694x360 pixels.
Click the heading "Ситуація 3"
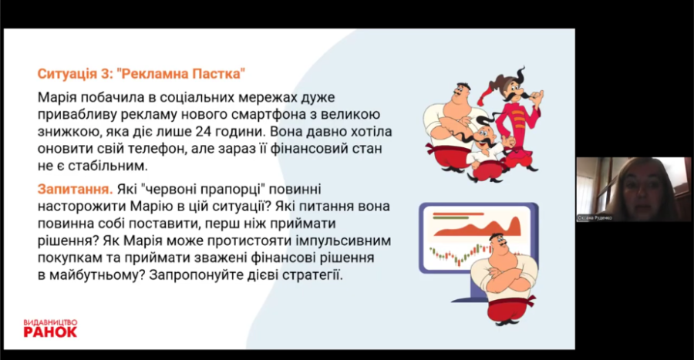click(73, 73)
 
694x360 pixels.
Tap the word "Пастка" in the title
click(216, 73)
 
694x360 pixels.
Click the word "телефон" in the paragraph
click(156, 149)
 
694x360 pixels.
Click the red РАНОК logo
click(50, 331)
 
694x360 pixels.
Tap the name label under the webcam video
click(595, 218)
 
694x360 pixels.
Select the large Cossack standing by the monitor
click(500, 278)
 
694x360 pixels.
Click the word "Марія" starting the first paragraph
click(56, 97)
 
